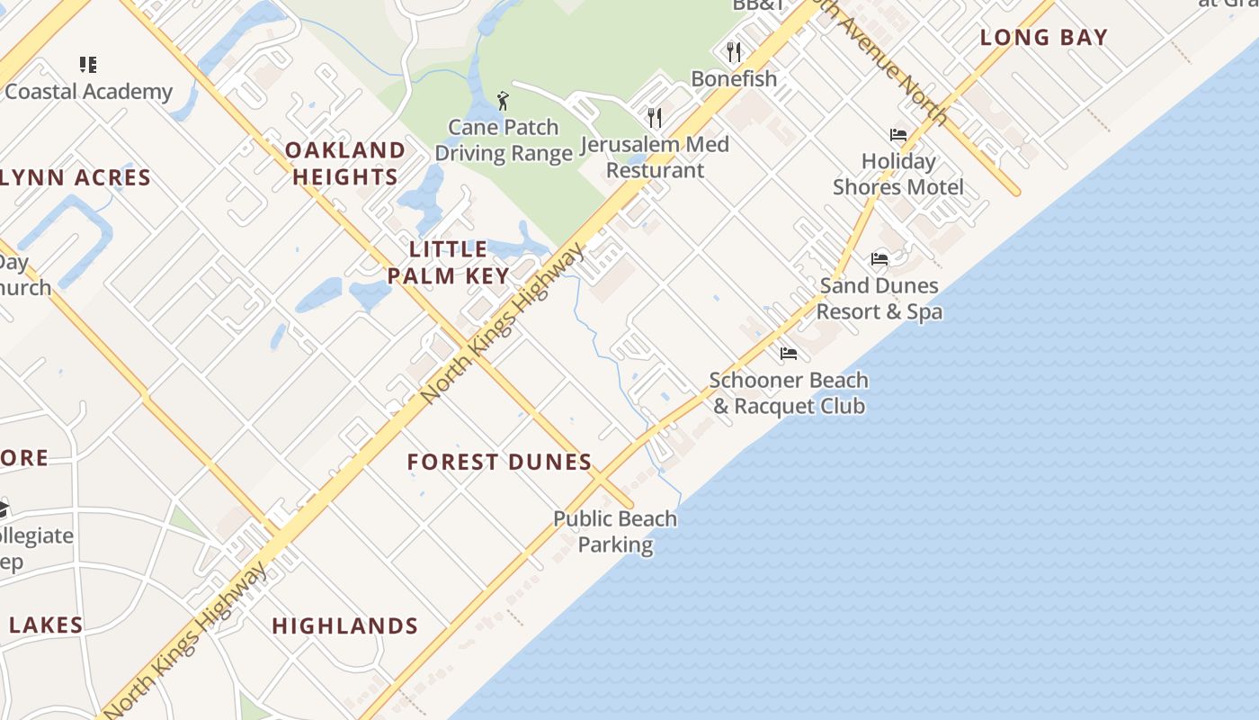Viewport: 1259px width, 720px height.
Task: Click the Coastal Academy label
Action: coord(88,92)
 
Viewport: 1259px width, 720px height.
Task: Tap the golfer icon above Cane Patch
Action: coord(503,101)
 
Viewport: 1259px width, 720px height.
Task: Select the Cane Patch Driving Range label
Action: coord(504,140)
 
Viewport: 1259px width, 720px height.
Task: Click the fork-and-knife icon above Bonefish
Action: coord(734,52)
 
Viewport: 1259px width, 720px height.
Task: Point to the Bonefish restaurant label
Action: coord(734,79)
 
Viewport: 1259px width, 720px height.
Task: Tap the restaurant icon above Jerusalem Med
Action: coord(655,118)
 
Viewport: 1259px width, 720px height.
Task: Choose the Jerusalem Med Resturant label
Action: coord(655,157)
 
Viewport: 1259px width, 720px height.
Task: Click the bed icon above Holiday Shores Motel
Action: coord(897,135)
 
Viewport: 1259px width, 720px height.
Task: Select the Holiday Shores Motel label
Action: coord(897,175)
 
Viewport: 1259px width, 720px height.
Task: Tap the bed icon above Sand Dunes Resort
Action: coord(880,259)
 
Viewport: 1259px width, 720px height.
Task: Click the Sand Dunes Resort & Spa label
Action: coord(880,299)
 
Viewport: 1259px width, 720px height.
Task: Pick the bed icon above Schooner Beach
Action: coord(789,354)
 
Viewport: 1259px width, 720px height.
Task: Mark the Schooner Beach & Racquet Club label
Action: coord(789,393)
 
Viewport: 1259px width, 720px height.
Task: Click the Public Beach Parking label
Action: coord(615,532)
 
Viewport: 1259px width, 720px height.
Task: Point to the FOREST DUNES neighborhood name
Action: coord(499,463)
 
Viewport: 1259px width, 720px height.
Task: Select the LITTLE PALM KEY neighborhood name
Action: coord(449,263)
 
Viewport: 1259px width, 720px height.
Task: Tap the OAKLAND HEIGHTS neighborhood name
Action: coord(345,163)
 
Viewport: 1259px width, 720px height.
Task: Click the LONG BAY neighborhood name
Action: coord(1043,38)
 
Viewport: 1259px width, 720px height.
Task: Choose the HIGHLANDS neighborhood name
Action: coord(345,626)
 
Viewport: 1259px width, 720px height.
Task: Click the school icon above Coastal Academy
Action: coord(88,65)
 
